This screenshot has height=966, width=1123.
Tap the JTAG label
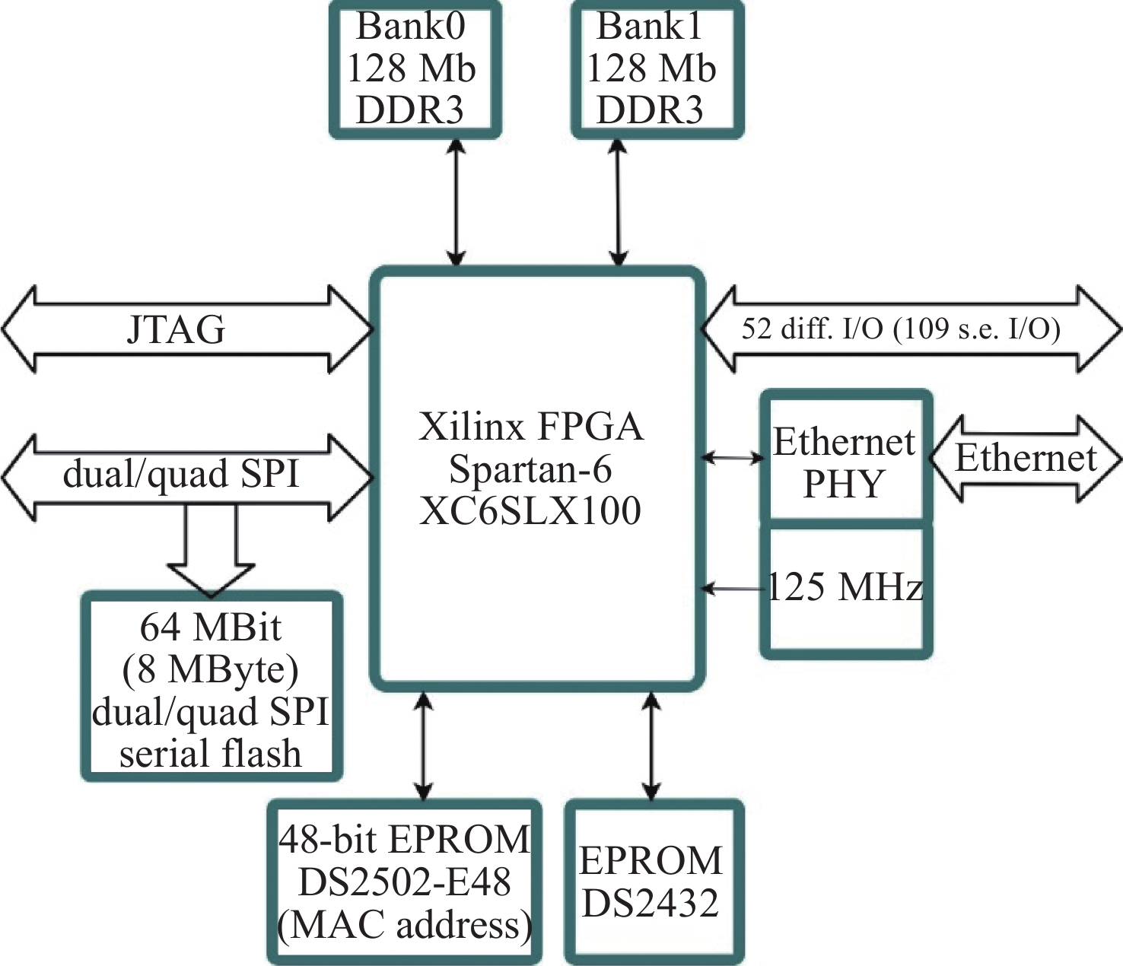177,329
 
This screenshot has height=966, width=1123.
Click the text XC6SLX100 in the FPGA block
530,511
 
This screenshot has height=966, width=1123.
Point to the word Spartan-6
530,469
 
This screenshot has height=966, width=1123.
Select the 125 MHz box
845,588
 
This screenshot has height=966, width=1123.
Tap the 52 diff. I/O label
901,329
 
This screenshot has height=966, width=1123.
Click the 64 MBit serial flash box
211,688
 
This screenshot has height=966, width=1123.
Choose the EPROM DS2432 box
652,882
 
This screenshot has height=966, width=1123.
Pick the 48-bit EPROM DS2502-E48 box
404,882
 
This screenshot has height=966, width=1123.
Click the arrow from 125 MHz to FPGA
732,588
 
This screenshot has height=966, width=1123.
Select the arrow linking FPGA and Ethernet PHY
732,458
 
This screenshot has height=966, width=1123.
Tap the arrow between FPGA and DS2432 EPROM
651,745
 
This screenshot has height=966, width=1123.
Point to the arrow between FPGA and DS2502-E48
424,745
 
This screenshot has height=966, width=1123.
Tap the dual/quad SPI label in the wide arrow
181,475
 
